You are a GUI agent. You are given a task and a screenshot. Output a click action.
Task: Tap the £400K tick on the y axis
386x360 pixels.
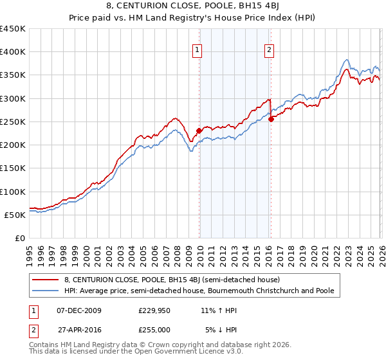[12, 52]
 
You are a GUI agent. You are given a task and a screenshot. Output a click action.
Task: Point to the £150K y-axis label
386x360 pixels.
[12, 168]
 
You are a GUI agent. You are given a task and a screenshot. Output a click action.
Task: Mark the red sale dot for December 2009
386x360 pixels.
[199, 131]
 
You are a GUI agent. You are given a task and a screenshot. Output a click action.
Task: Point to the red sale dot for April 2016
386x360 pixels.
[271, 119]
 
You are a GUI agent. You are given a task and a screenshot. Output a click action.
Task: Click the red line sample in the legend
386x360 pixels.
[46, 280]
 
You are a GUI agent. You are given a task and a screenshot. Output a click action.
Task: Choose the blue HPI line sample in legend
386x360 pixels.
[46, 291]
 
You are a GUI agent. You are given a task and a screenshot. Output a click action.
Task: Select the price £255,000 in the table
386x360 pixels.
[154, 329]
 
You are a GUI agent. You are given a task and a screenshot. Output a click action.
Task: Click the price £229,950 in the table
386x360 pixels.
[154, 310]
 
